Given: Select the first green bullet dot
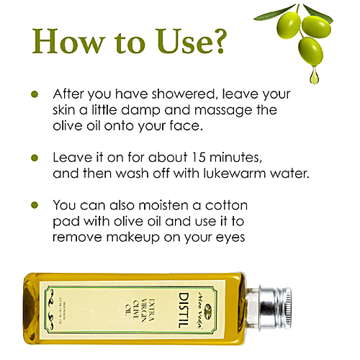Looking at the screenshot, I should tap(33, 94).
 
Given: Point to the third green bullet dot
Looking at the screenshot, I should tap(33, 205).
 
